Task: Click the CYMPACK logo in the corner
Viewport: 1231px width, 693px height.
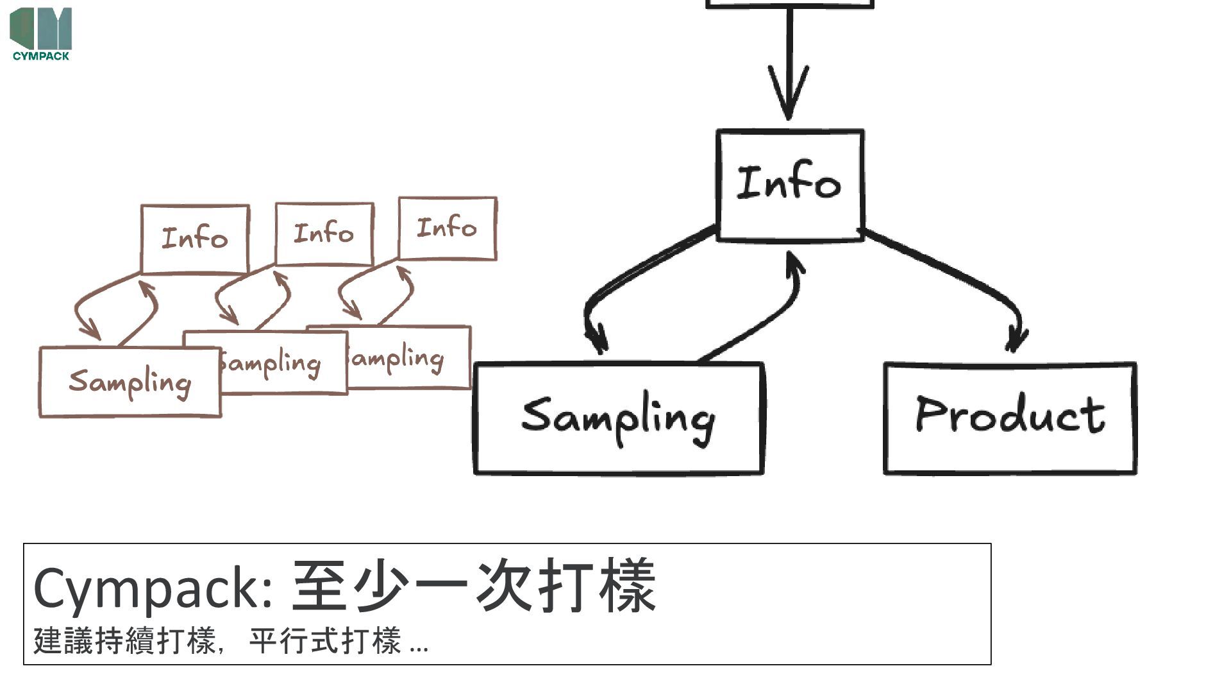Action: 40,33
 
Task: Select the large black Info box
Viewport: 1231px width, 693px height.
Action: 790,185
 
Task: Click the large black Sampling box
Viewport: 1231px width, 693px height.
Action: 618,418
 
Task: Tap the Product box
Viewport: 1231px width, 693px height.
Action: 1010,418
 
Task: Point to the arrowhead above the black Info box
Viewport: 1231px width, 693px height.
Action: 789,96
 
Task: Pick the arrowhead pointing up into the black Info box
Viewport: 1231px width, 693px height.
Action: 795,263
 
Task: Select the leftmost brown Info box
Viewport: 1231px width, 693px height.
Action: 195,239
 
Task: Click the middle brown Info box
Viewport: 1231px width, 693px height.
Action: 324,234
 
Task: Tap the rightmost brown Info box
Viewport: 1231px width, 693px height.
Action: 448,228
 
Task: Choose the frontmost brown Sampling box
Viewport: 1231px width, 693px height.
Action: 130,382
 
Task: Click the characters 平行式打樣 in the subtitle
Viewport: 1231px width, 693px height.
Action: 325,640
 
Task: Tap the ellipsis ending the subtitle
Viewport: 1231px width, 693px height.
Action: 419,644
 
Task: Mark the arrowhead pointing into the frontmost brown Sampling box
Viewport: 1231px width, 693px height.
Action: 91,330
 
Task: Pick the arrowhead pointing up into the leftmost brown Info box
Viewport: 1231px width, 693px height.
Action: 149,288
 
